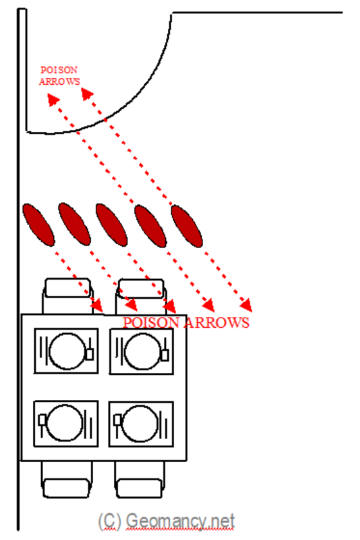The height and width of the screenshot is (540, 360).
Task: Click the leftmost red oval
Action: click(x=38, y=225)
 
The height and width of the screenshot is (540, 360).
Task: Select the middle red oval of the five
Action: click(x=112, y=225)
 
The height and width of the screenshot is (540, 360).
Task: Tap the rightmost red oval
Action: click(x=186, y=226)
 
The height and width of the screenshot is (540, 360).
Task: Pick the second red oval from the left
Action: click(x=75, y=224)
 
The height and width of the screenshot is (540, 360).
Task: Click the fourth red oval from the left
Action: click(x=150, y=226)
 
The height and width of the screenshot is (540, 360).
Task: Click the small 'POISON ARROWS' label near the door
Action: click(x=59, y=76)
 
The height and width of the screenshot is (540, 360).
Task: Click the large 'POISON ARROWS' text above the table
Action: click(x=186, y=323)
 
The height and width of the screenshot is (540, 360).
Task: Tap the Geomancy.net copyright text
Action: click(x=166, y=521)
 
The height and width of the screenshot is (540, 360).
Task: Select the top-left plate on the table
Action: click(x=67, y=350)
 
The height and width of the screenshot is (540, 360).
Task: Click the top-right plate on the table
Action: click(x=142, y=351)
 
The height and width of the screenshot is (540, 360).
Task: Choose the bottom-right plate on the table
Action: click(x=140, y=424)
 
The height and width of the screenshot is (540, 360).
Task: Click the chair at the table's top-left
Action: click(x=67, y=296)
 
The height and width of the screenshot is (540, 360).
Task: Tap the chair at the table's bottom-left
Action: click(x=67, y=480)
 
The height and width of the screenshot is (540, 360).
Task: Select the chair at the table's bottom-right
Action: click(x=139, y=480)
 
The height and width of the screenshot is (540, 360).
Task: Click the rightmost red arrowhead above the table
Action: click(x=246, y=305)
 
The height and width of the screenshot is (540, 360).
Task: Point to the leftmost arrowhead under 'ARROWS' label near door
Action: click(x=53, y=100)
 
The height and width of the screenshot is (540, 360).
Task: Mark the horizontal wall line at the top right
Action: click(x=257, y=12)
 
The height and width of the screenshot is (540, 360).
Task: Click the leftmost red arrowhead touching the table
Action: click(x=97, y=305)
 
